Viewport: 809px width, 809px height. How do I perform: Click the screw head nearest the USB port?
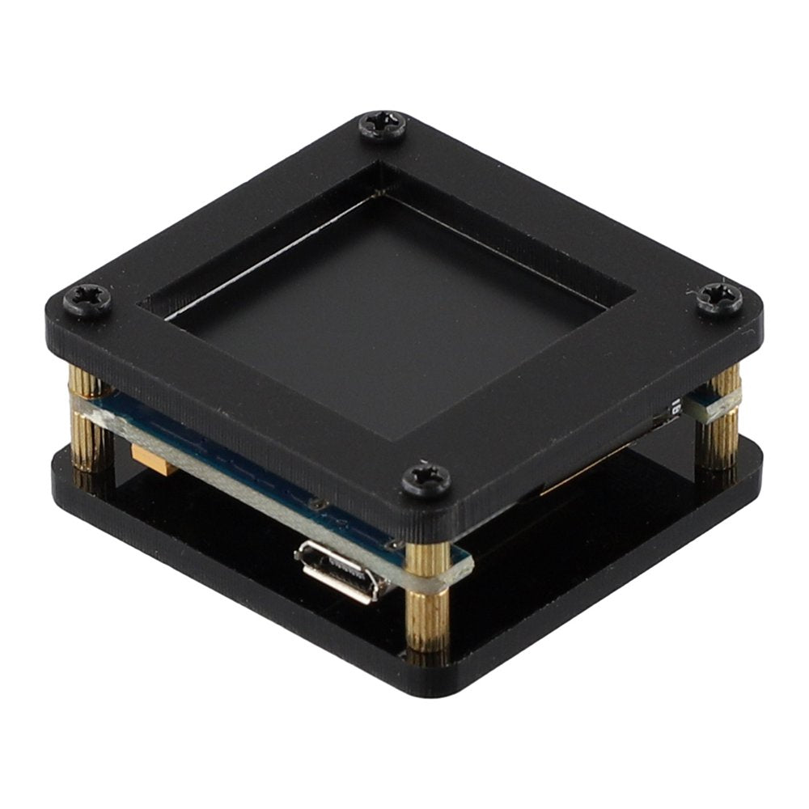click(x=426, y=479)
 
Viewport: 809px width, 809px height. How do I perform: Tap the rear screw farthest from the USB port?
click(x=383, y=126)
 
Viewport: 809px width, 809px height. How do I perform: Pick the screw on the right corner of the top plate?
click(x=718, y=299)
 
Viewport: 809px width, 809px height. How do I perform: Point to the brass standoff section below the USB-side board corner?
click(x=426, y=619)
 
